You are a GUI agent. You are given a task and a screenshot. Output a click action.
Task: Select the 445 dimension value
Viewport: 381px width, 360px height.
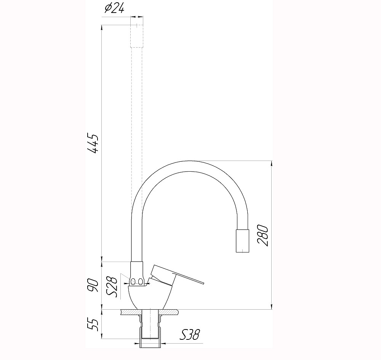click(93, 143)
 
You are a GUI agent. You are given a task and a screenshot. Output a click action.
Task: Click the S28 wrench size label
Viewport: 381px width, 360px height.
click(112, 287)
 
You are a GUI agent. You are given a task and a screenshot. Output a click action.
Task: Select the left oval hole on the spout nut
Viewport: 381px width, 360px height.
click(133, 282)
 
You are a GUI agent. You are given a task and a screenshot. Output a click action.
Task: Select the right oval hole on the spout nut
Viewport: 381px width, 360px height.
click(141, 282)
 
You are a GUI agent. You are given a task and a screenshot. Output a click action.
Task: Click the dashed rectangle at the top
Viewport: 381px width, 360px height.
click(137, 35)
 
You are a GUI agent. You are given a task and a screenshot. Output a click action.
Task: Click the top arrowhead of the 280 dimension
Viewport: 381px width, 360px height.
click(271, 163)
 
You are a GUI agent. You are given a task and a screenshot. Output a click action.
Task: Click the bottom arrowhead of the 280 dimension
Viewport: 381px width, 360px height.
click(271, 306)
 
